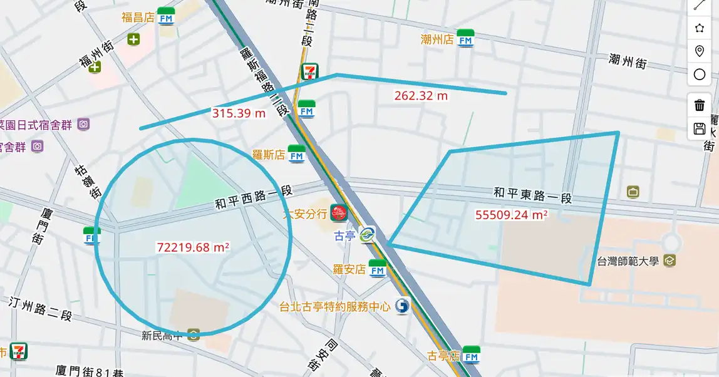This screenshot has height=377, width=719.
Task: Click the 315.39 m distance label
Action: [x=239, y=113]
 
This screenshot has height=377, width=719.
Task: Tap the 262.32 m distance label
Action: [x=421, y=96]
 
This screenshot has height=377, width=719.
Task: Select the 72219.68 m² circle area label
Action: [x=193, y=247]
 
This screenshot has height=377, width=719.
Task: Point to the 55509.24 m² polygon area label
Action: [x=511, y=215]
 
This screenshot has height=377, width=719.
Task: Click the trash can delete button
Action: [x=700, y=105]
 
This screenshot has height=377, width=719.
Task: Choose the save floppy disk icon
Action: [x=700, y=129]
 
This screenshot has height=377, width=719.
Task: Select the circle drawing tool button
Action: [x=700, y=75]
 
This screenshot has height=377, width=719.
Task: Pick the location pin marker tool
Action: [x=700, y=51]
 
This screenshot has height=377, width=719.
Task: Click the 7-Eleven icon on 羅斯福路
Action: [x=309, y=72]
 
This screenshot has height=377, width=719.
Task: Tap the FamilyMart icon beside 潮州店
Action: [x=465, y=38]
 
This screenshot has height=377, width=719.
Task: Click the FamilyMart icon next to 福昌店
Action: [x=166, y=16]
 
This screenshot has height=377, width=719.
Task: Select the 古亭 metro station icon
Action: [x=367, y=235]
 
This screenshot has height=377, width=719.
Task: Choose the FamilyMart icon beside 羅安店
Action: [x=378, y=268]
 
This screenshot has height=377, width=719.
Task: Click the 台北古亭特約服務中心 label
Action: [x=335, y=307]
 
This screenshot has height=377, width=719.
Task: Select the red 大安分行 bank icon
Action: [x=339, y=213]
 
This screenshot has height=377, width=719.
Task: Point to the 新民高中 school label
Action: [x=162, y=335]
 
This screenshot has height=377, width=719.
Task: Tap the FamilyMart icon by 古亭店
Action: [x=471, y=355]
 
